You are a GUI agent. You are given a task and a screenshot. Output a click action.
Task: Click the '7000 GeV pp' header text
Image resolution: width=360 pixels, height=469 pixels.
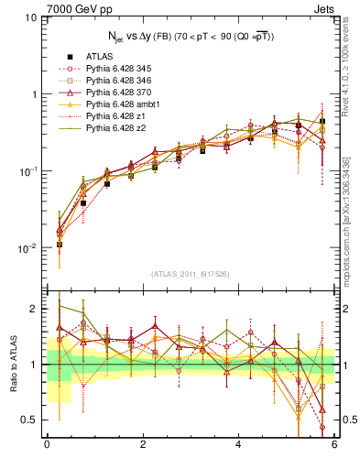click(66, 8)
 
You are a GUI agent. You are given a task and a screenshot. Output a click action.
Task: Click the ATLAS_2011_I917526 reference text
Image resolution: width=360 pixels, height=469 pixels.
click(191, 274)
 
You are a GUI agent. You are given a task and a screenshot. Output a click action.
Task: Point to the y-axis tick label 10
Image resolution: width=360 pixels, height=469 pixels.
click(31, 17)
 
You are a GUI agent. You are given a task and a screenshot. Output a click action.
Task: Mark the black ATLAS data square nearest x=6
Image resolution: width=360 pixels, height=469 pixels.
click(322, 121)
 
